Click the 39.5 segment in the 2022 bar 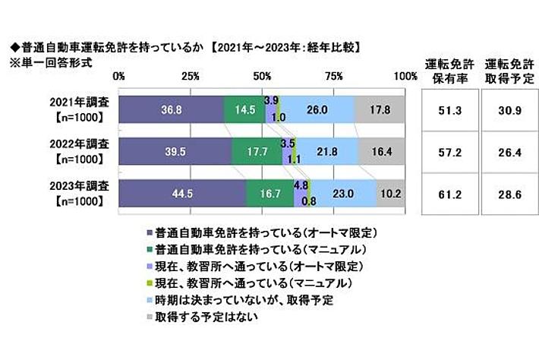pos(175,152)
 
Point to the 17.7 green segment pos(257,152)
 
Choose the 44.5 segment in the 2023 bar pos(183,193)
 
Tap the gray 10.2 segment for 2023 pos(391,193)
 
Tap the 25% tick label pos(191,76)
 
